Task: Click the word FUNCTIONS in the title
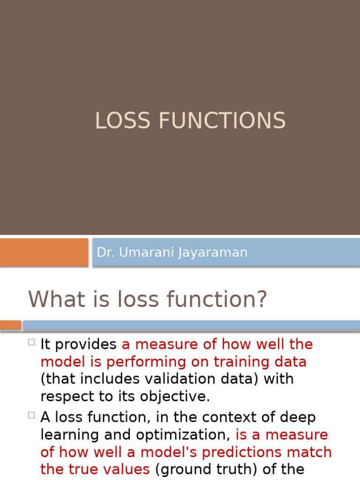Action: pos(222,121)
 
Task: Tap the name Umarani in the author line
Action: pos(147,252)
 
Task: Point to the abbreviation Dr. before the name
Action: pos(105,252)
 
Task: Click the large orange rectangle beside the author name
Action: pos(44,252)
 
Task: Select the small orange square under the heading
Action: pos(10,325)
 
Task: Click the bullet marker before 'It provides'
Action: pos(31,342)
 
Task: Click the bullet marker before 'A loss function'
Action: pos(31,415)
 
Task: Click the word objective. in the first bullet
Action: pos(177,397)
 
